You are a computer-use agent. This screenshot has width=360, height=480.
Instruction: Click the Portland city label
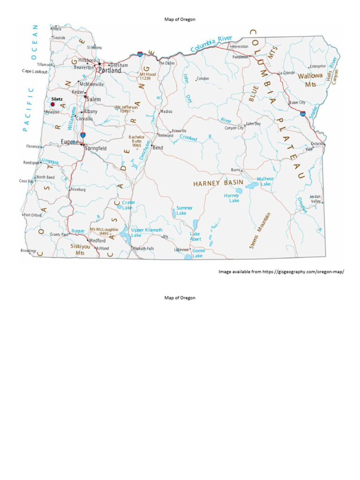coord(109,70)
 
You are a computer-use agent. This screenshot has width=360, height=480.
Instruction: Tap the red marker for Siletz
coord(52,105)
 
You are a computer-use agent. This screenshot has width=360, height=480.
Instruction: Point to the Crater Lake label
coord(127,205)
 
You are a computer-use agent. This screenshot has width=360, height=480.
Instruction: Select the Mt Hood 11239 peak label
coord(148,76)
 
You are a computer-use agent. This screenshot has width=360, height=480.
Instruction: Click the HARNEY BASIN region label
coord(218,183)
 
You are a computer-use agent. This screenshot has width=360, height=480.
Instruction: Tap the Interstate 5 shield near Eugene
coord(83,135)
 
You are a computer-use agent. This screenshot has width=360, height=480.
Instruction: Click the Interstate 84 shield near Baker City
coord(303,113)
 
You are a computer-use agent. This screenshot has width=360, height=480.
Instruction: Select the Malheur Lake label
coord(265,181)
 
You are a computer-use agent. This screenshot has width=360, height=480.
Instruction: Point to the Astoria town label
coord(56,29)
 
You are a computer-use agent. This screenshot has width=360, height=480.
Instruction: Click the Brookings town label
coord(28,251)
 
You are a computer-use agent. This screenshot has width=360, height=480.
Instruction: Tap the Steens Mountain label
coord(260,230)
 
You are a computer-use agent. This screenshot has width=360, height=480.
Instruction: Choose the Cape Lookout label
coord(35,71)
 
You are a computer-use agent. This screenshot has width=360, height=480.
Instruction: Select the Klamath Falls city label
coord(143,248)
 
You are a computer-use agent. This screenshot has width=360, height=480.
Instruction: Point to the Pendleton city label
coord(240,57)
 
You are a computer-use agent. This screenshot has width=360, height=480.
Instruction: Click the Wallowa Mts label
coord(310,80)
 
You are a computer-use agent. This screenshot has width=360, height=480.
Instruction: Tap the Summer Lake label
coord(185,210)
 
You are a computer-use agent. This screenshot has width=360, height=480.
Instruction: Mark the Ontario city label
coord(317,144)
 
